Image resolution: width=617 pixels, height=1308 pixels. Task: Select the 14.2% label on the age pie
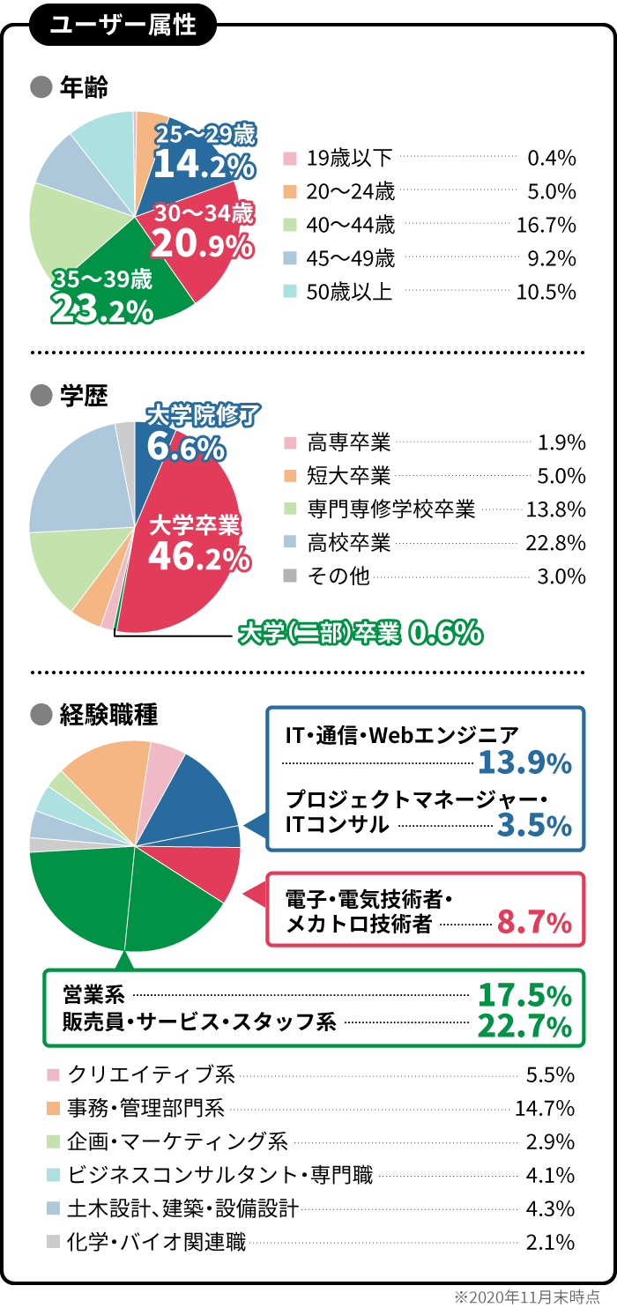[x=204, y=165]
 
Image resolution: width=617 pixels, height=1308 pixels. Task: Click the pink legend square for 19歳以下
[x=289, y=159]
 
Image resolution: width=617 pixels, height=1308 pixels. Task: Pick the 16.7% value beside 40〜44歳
[x=546, y=226]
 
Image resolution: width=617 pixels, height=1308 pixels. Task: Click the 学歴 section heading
[x=84, y=397]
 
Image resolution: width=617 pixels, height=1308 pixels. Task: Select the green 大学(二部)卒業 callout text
[x=320, y=632]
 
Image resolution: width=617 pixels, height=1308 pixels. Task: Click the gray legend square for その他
[x=289, y=576]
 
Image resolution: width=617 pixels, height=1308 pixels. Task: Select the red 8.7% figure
[x=535, y=923]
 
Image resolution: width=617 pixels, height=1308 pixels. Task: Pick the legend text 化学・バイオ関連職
[x=157, y=1243]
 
